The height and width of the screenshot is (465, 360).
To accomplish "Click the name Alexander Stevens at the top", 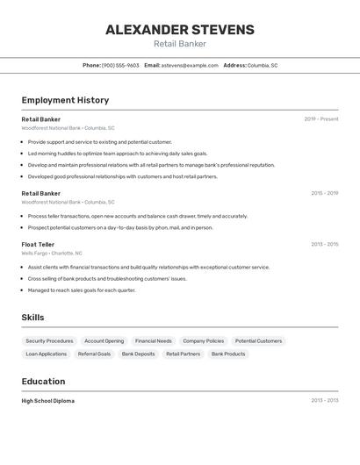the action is tap(180, 30).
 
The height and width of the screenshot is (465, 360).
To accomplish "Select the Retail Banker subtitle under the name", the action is tap(180, 44).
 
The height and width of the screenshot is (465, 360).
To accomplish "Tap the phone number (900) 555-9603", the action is tap(120, 66).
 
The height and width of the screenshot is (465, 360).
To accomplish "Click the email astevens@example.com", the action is tap(190, 66).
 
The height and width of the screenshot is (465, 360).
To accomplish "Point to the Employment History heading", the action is tap(65, 101).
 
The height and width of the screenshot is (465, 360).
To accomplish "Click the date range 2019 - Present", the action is tap(321, 119).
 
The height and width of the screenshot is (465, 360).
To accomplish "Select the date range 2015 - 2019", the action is tap(324, 193).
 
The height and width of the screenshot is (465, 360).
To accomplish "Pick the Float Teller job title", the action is tap(38, 245).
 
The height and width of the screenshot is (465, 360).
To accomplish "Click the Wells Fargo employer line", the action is tap(52, 254).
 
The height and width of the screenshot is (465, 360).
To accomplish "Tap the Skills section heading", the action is tap(32, 318).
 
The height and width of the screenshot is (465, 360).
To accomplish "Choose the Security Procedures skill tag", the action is tap(49, 341).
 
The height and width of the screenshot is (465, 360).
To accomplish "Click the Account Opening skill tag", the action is tap(104, 341).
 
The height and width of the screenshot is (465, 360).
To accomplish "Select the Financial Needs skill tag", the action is tap(153, 341).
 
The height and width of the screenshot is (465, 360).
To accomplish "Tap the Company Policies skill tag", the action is tap(203, 341).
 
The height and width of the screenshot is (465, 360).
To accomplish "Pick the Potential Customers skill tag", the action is tap(258, 341).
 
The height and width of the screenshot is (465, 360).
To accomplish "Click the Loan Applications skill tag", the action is tap(47, 354).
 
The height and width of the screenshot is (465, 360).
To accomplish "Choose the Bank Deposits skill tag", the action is tap(138, 354).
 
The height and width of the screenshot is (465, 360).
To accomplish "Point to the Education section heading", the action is tap(43, 382).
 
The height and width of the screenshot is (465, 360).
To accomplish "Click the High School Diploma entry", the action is tap(48, 401).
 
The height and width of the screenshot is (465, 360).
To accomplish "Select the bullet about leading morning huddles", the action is tap(118, 154).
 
